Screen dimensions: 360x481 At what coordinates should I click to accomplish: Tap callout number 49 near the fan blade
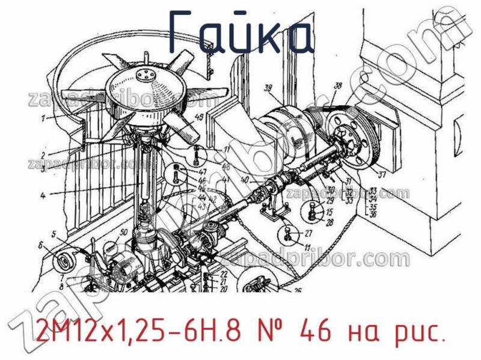[x=199, y=117]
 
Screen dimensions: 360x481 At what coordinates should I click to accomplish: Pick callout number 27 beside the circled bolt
[x=308, y=233]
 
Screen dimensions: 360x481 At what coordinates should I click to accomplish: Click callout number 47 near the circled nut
[x=203, y=172]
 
